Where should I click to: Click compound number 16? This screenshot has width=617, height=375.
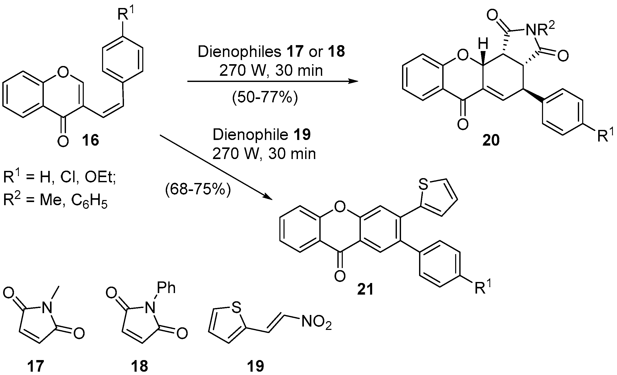click(x=90, y=140)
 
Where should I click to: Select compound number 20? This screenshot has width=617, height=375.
click(x=491, y=140)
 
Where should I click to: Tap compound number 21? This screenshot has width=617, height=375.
click(x=365, y=289)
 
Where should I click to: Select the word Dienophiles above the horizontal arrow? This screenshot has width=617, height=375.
click(x=239, y=52)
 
